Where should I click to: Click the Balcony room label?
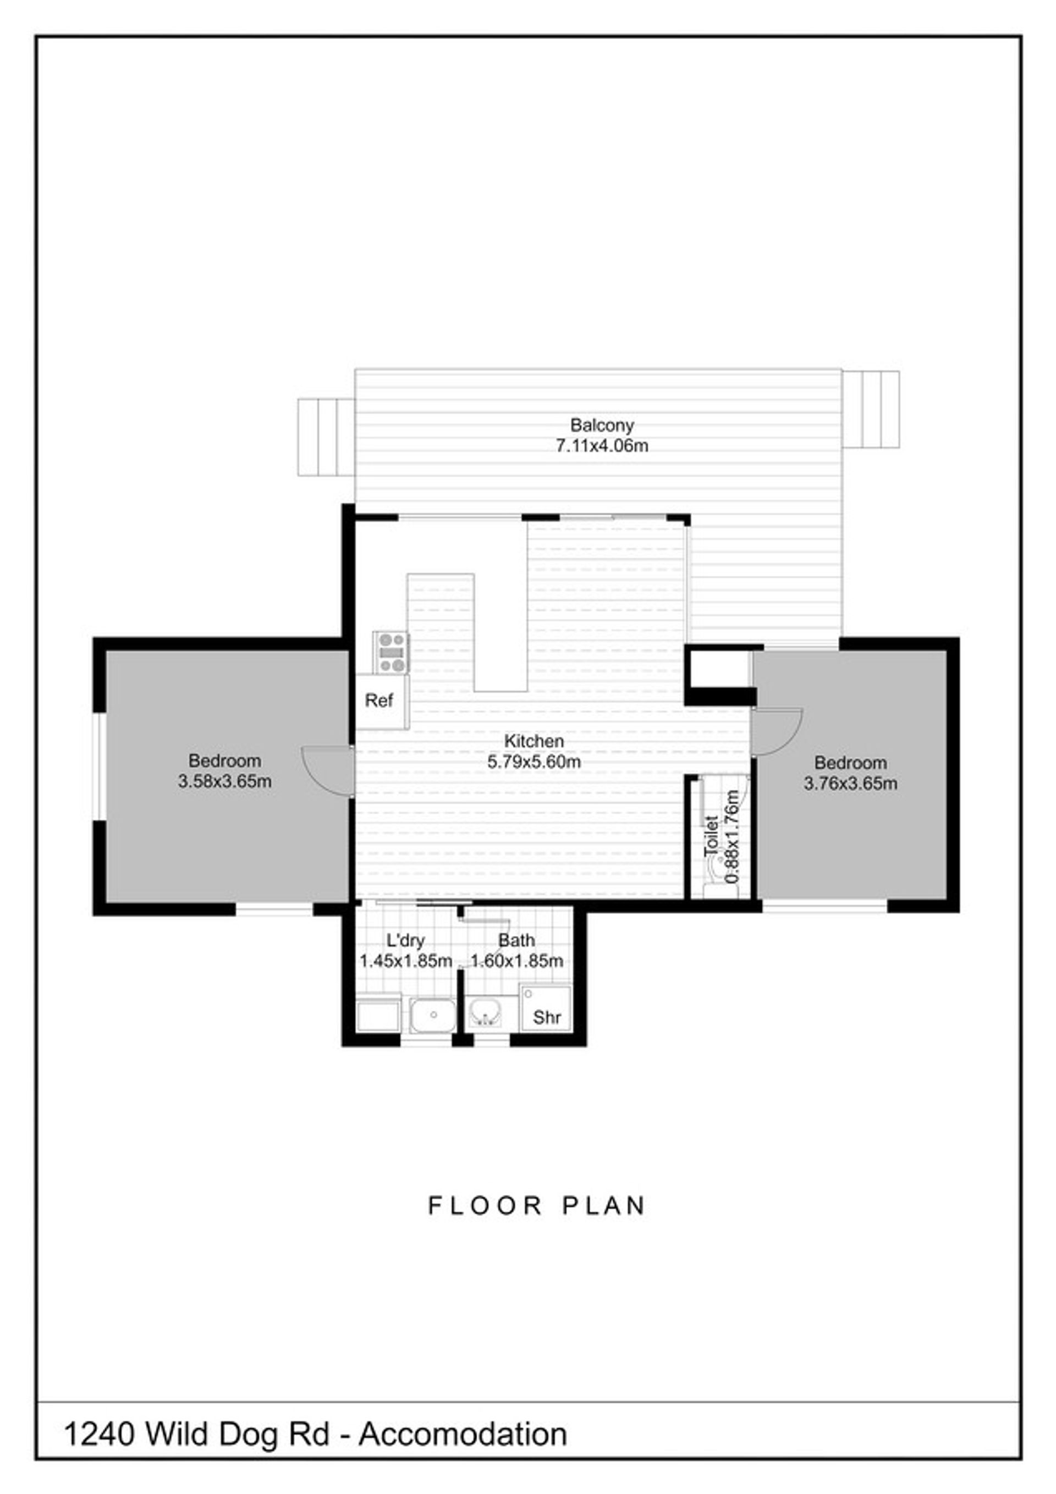[x=602, y=425]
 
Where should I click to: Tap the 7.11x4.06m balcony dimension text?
[x=602, y=446]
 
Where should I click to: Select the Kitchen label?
[x=534, y=741]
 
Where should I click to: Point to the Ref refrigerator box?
[x=382, y=702]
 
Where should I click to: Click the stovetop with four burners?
[x=391, y=652]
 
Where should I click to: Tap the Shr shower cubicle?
[x=546, y=1008]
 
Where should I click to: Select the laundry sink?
[x=433, y=1015]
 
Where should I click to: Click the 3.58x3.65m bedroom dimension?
[x=224, y=781]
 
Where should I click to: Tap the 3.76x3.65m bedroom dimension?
[x=850, y=784]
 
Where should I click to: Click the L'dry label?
[x=405, y=940]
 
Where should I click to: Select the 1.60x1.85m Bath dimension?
[x=517, y=961]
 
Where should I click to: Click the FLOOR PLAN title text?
[x=536, y=1206]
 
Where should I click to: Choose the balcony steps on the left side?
[x=326, y=437]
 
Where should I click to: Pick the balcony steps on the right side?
[x=871, y=409]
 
